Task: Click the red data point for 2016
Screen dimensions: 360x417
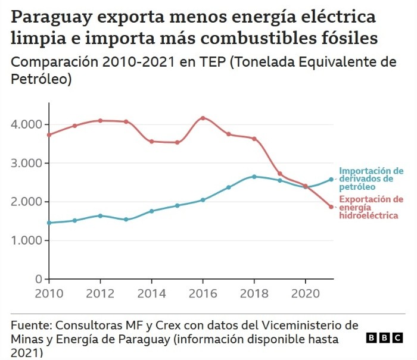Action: (x=203, y=118)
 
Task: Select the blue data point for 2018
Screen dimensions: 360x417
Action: (x=254, y=177)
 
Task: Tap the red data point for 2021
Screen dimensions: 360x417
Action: (x=331, y=207)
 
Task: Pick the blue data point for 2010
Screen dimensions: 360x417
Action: (x=49, y=223)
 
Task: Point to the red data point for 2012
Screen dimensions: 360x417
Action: (x=101, y=121)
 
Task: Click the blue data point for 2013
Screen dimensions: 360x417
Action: (x=126, y=220)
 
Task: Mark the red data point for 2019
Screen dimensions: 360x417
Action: (x=280, y=174)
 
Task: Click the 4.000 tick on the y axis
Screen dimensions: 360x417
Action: (x=27, y=124)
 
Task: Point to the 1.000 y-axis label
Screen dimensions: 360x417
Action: (x=27, y=240)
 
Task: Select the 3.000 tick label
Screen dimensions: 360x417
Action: (x=27, y=163)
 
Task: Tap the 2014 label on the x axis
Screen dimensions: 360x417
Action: (x=151, y=293)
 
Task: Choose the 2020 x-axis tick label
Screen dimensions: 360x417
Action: (x=305, y=293)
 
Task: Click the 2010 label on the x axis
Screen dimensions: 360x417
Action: (x=49, y=293)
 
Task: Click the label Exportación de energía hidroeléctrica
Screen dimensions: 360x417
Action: (x=371, y=207)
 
